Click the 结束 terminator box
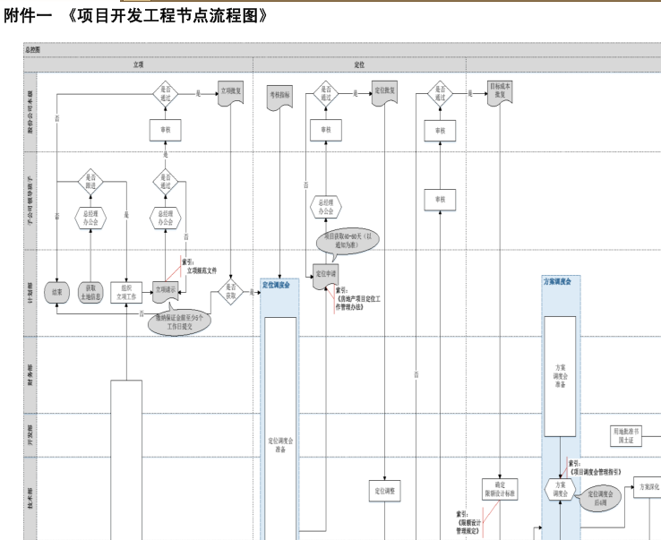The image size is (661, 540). coord(57,293)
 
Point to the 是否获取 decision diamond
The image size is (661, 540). coord(231,292)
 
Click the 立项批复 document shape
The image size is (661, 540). coord(231,92)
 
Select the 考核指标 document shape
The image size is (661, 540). coord(279,93)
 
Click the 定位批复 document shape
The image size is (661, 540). coord(385,92)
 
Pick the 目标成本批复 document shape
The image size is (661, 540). coord(501,92)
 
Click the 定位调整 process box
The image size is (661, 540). coord(385,490)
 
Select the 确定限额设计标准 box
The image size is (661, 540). coord(501,490)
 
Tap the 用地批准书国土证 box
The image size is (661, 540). coord(626,436)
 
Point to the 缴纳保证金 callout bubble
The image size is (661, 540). coord(178,321)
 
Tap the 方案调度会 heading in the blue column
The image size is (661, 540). coord(561,282)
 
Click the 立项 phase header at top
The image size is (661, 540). coord(139,65)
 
